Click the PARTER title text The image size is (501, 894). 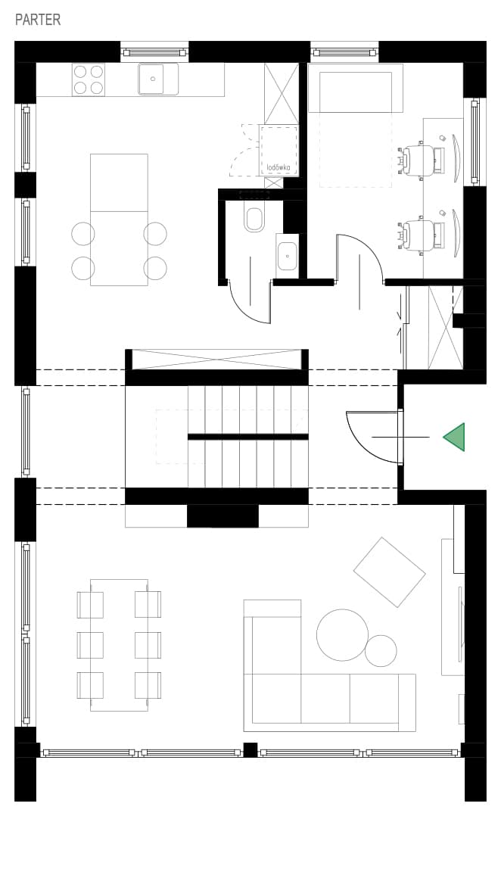(38, 20)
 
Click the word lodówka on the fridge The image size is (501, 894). (279, 167)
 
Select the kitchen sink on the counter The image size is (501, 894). (158, 79)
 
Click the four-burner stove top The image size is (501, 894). (89, 79)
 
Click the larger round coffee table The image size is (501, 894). (343, 634)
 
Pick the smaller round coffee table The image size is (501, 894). (381, 650)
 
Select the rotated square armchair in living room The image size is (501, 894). (389, 572)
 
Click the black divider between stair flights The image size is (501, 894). (248, 437)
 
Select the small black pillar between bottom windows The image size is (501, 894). (250, 749)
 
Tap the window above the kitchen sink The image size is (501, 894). (154, 52)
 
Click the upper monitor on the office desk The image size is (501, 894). (456, 158)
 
